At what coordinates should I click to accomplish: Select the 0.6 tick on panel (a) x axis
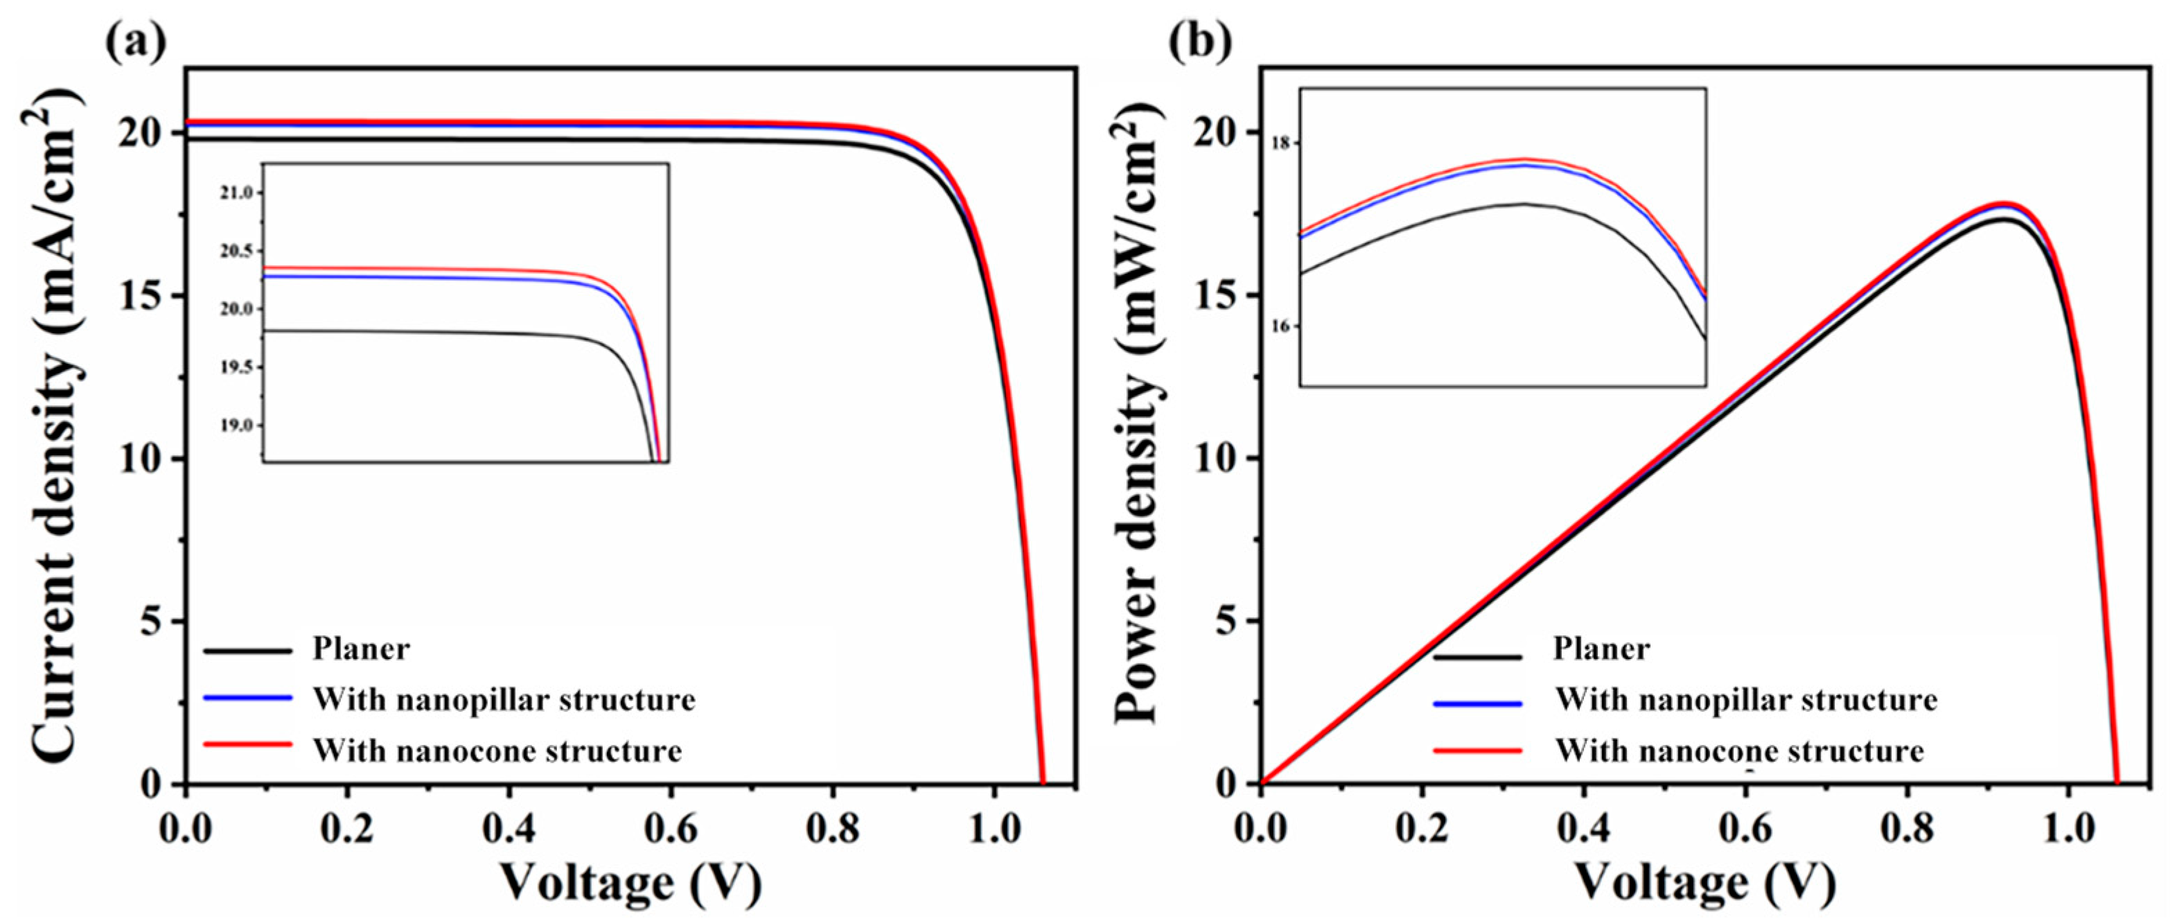coord(671,829)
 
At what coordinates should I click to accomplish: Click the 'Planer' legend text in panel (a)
coord(360,649)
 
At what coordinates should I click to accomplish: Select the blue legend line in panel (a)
coord(247,698)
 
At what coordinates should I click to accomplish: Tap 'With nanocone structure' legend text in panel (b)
coord(1740,750)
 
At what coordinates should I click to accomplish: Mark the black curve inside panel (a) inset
coord(421,332)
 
